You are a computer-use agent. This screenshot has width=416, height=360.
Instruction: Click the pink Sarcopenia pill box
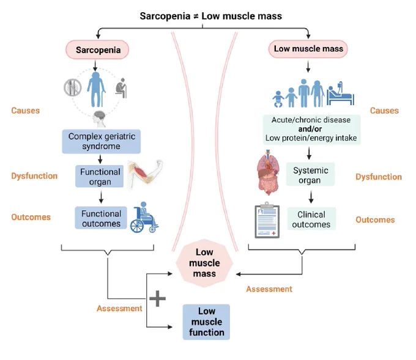(97, 50)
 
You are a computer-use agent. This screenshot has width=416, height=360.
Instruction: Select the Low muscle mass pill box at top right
(308, 49)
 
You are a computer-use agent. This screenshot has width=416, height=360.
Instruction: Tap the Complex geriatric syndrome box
(102, 141)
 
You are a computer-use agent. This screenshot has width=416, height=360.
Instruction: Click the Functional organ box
(100, 176)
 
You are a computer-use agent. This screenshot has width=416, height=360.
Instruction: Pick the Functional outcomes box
(101, 218)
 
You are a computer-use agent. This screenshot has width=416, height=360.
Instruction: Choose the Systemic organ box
(310, 174)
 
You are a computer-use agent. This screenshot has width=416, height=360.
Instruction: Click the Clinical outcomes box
(311, 219)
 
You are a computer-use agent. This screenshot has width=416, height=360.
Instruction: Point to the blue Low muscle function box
(206, 322)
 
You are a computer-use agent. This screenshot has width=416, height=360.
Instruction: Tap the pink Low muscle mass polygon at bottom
(204, 263)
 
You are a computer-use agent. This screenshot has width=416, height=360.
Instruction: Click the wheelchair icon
(144, 218)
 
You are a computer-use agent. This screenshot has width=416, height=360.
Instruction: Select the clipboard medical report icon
(267, 220)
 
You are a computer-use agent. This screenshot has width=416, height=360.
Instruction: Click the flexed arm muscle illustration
(145, 174)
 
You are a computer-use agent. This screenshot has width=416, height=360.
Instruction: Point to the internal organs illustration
(269, 172)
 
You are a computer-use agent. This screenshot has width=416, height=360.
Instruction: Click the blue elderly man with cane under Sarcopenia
(96, 89)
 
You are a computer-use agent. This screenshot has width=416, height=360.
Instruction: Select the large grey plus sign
(158, 298)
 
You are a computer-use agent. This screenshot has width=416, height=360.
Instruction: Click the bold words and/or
(310, 129)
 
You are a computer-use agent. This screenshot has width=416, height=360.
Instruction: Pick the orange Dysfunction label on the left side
(34, 176)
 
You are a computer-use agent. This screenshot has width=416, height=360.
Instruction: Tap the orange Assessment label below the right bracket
(269, 288)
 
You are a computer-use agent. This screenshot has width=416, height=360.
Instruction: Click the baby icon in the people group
(278, 99)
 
